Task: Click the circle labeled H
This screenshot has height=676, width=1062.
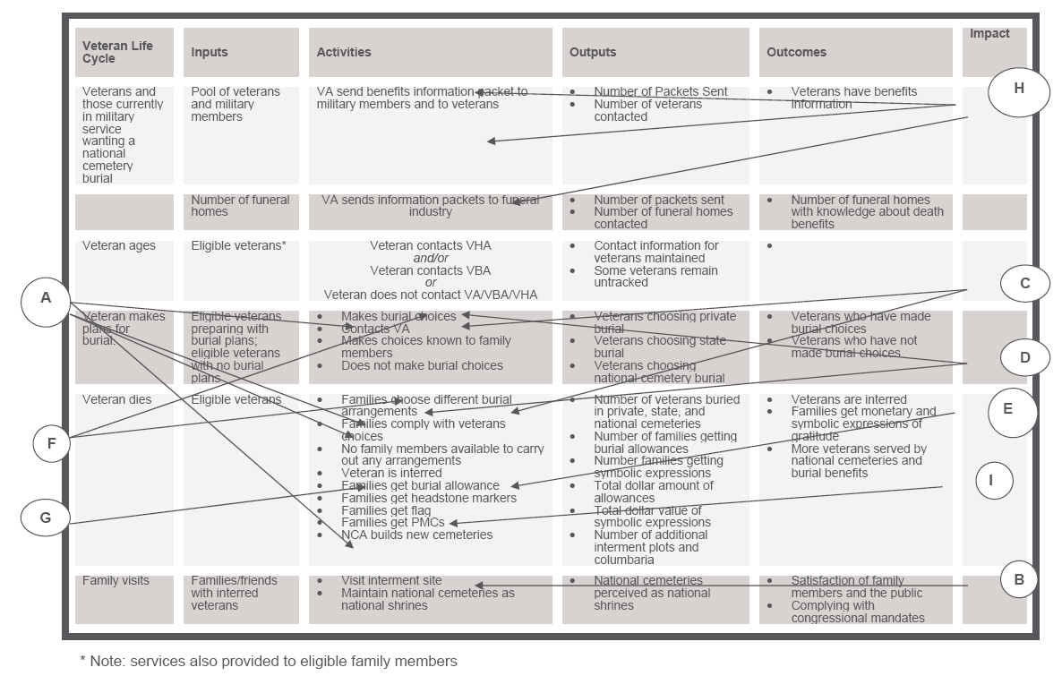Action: point(1019,89)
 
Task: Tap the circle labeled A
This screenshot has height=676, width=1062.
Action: point(47,298)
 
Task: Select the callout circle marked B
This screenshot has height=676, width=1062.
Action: point(1019,578)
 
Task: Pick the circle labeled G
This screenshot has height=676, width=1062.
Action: point(46,517)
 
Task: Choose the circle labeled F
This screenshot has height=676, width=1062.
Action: point(51,443)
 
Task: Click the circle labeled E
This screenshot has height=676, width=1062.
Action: point(1008,408)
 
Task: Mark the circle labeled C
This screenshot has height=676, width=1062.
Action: point(1024,284)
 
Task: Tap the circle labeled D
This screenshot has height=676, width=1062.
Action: point(1025,357)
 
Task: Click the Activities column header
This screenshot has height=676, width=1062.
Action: point(344,53)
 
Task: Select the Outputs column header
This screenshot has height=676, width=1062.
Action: point(593,53)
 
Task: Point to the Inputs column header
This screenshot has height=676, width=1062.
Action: point(210,53)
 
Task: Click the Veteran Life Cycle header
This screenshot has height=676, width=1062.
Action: point(117,52)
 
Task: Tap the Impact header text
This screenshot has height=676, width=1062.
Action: point(989,34)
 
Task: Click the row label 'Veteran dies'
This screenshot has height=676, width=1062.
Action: point(117,400)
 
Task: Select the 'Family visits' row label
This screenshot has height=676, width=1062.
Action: point(116,581)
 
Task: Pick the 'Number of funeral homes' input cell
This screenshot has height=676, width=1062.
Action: point(240,206)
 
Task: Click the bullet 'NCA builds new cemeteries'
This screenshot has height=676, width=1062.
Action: point(416,535)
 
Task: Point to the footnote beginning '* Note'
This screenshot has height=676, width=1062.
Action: point(269,661)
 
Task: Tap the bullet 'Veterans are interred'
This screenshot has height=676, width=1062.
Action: point(848,400)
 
